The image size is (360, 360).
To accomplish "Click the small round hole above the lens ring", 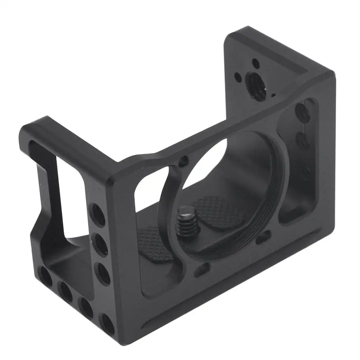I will [x=183, y=162].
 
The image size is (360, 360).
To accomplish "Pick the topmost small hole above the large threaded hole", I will [x=256, y=64].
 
